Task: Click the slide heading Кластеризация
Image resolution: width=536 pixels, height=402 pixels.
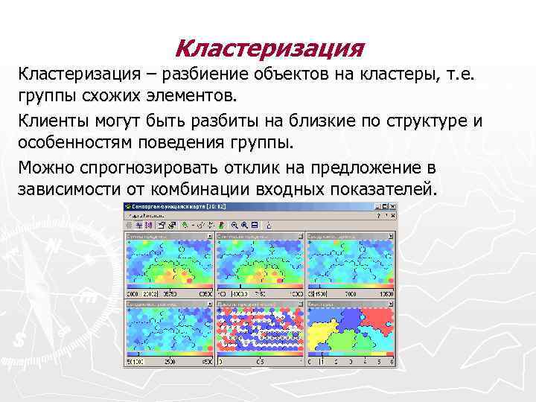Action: pyautogui.click(x=269, y=50)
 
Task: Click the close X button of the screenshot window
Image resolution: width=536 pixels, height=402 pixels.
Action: pyautogui.click(x=392, y=206)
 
